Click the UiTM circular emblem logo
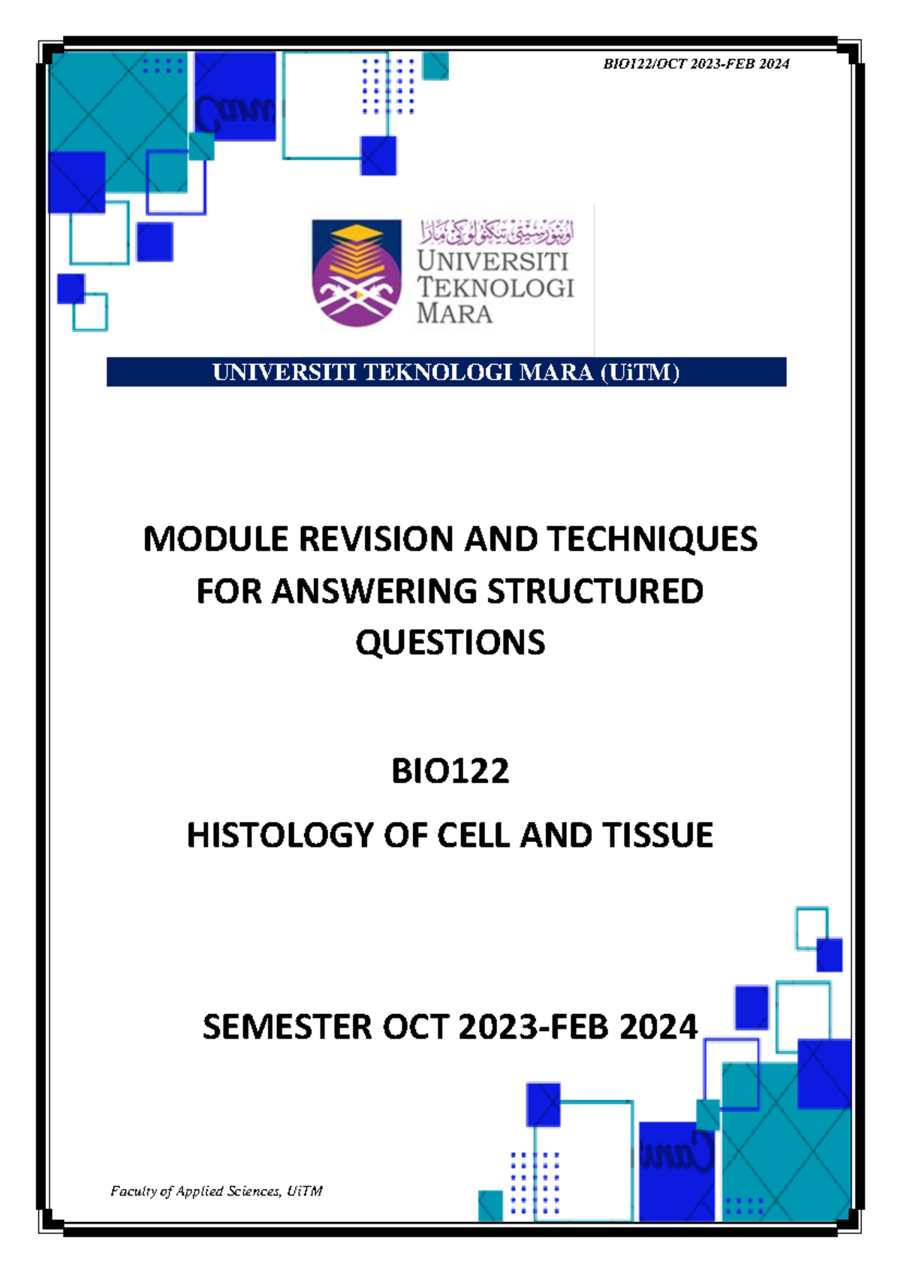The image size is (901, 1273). point(357,274)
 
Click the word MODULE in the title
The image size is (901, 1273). point(215,540)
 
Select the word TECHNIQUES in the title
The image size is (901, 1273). point(652,540)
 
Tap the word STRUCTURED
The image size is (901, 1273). point(595,591)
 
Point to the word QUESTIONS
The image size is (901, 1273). point(450,643)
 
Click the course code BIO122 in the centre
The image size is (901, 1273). point(450,772)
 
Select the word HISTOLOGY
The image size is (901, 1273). point(279,835)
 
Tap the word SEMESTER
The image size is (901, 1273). point(287,1027)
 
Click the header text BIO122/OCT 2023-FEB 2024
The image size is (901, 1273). point(696,65)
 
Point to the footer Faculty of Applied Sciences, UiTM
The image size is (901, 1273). point(216,1191)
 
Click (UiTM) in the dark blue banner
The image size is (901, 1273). point(640,372)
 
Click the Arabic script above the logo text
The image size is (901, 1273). point(496,232)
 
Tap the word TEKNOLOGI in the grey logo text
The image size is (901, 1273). point(496,287)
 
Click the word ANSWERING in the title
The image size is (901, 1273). point(374,591)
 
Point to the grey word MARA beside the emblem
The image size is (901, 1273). point(454,314)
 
